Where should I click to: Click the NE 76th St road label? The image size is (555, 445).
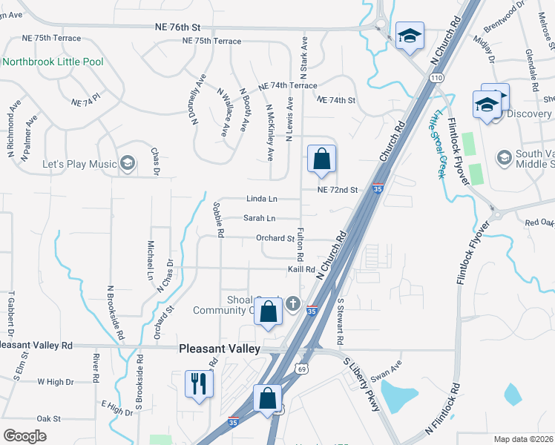[x=178, y=25]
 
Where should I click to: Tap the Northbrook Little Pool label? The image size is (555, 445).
[x=53, y=62]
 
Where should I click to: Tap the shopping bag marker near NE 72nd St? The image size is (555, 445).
[x=321, y=159]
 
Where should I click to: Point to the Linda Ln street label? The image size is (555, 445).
[x=261, y=199]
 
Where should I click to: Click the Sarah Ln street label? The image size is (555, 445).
[x=260, y=218]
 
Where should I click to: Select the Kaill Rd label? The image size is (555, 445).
[x=302, y=269]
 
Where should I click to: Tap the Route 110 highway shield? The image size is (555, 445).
[x=436, y=77]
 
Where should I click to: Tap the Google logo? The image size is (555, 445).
[x=24, y=436]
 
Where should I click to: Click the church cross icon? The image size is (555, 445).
[x=293, y=303]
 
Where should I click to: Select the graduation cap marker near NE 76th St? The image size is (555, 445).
[x=408, y=36]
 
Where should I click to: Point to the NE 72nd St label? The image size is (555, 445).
[x=338, y=191]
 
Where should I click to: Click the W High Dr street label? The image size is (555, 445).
[x=56, y=382]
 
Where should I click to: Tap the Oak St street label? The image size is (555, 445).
[x=48, y=418]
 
